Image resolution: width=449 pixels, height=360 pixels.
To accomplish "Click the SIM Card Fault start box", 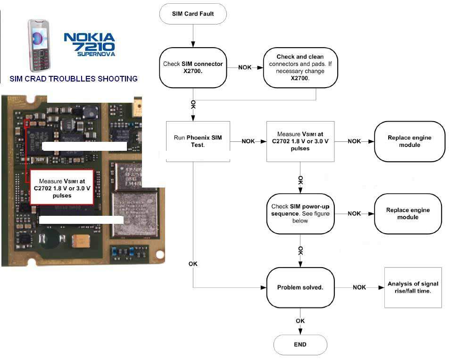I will pyautogui.click(x=193, y=14).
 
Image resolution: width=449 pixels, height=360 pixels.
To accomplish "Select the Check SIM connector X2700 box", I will pyautogui.click(x=193, y=67).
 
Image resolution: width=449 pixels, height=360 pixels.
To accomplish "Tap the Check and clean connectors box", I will pyautogui.click(x=300, y=67).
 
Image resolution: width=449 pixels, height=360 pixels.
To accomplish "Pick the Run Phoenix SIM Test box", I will pyautogui.click(x=198, y=141).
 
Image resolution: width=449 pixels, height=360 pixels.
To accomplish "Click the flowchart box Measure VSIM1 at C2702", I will pyautogui.click(x=300, y=141).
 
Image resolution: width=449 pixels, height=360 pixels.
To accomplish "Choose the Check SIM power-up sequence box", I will pyautogui.click(x=300, y=213).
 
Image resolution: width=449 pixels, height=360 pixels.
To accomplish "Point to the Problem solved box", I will pyautogui.click(x=300, y=287).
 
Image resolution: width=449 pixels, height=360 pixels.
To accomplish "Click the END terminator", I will pyautogui.click(x=300, y=344).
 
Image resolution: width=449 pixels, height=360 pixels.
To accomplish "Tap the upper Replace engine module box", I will pyautogui.click(x=409, y=141).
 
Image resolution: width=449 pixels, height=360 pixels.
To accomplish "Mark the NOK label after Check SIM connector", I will pyautogui.click(x=245, y=67).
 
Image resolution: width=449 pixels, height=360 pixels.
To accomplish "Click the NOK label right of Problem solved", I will pyautogui.click(x=359, y=287).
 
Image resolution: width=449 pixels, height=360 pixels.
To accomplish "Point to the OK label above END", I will pyautogui.click(x=300, y=321).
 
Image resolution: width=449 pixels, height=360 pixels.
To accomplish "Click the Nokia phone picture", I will pyautogui.click(x=39, y=45).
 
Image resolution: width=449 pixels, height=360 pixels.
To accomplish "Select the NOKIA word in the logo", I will pyautogui.click(x=89, y=37).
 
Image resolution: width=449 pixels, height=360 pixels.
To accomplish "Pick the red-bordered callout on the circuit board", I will pyautogui.click(x=61, y=188).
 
